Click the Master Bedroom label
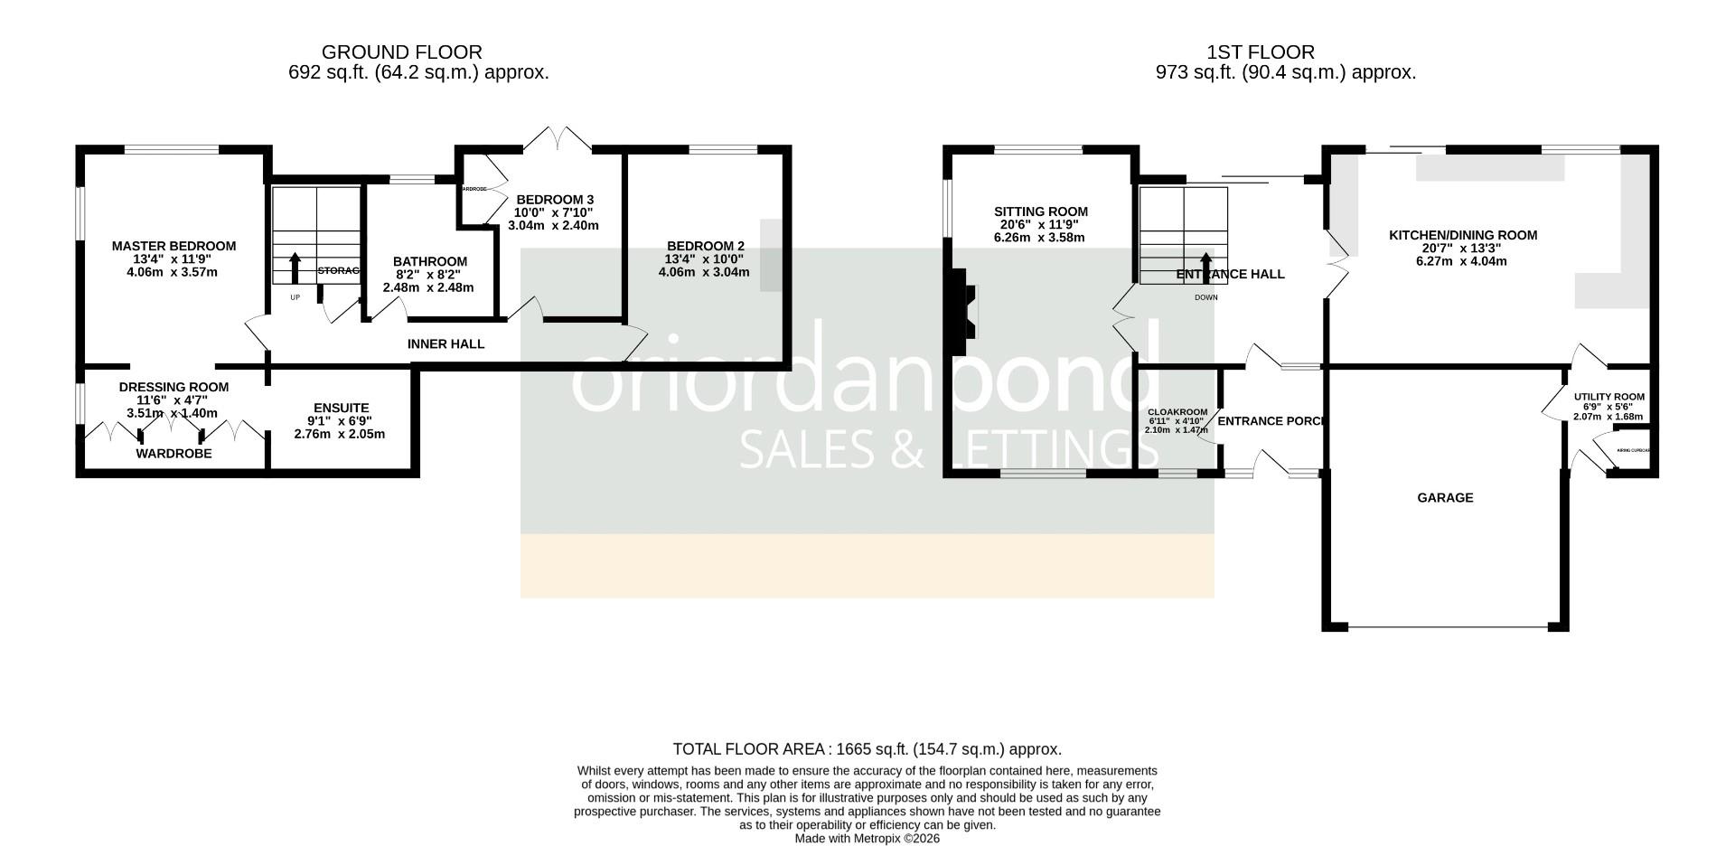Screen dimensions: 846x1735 click(173, 246)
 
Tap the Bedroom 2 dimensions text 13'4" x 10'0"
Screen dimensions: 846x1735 click(704, 258)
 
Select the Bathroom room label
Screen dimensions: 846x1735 click(429, 261)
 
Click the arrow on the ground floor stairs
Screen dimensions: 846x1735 click(295, 268)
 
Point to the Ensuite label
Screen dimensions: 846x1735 click(341, 408)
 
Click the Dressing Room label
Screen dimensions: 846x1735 click(173, 387)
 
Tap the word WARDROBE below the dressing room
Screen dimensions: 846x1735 click(173, 454)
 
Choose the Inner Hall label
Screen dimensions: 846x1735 click(445, 344)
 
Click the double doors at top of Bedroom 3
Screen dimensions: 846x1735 click(558, 139)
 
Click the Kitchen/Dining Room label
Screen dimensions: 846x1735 click(1462, 235)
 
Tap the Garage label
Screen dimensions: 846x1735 click(1444, 498)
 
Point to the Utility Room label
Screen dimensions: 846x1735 click(1608, 397)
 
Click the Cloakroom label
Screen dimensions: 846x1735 click(1177, 412)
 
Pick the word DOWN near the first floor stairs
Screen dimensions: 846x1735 click(1205, 297)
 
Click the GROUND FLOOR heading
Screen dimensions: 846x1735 click(401, 52)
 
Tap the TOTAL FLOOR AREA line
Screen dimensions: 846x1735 click(867, 749)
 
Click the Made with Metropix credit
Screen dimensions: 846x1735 click(867, 839)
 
